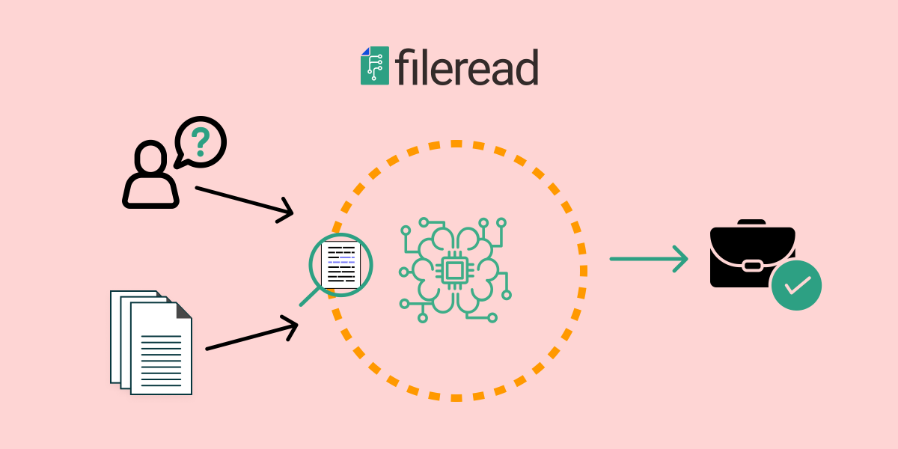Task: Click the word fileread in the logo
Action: click(466, 68)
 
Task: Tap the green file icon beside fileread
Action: click(375, 67)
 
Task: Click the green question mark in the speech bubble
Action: click(200, 140)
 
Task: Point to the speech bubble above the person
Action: click(201, 141)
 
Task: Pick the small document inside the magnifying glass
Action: click(340, 265)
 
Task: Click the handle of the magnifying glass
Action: click(308, 298)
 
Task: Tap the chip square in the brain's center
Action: click(453, 270)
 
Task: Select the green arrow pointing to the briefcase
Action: click(648, 259)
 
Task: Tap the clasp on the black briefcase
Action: click(751, 264)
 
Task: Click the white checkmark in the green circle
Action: click(796, 285)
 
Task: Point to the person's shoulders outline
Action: click(150, 193)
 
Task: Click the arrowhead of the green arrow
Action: click(680, 259)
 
